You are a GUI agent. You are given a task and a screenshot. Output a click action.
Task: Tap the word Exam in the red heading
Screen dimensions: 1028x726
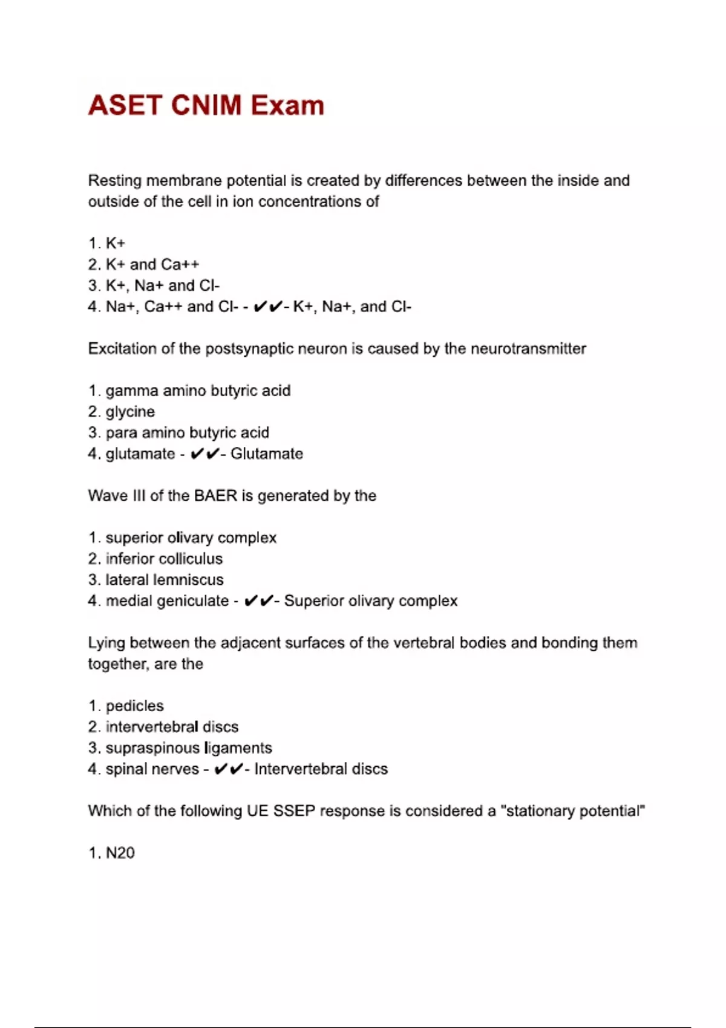[x=288, y=105]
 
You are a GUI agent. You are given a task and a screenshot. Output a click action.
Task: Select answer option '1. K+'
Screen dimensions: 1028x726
[x=107, y=243]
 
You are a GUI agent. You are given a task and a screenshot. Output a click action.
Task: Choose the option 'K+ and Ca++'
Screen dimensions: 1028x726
[x=152, y=264]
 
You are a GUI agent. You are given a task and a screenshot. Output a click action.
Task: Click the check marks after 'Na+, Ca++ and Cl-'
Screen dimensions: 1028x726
[x=267, y=307]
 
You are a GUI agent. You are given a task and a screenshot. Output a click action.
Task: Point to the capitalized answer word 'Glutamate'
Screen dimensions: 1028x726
[x=267, y=454]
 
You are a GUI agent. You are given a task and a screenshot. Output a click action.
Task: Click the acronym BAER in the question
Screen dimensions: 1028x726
[x=215, y=496]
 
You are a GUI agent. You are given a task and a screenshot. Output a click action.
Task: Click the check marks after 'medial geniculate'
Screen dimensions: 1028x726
[x=258, y=601]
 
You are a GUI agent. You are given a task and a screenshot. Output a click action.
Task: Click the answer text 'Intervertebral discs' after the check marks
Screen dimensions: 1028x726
[x=321, y=769]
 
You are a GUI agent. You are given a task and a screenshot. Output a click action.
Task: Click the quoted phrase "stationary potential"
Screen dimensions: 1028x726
[x=573, y=811]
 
